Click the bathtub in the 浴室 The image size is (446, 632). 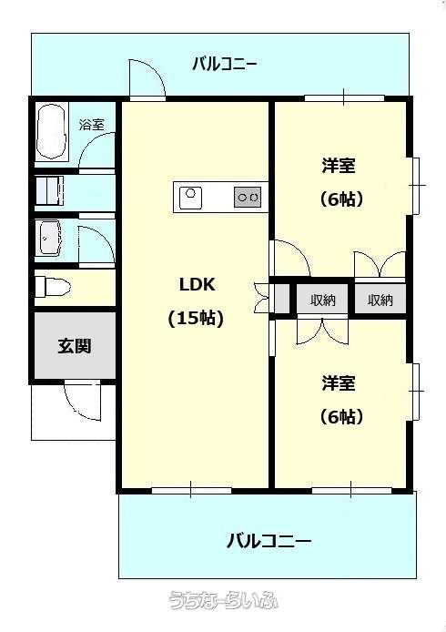point(51,131)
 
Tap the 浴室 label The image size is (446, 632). point(91,125)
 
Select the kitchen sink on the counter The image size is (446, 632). point(190,198)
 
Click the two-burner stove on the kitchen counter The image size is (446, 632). point(248,198)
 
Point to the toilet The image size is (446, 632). point(53,287)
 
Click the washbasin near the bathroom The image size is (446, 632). point(50,238)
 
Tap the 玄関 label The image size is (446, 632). point(74,346)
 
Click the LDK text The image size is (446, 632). point(197,284)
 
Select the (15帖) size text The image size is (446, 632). point(196,319)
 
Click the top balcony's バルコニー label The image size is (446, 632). point(225,64)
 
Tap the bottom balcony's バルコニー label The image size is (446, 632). point(269,541)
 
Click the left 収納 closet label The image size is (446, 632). point(323,300)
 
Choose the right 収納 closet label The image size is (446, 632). point(380,300)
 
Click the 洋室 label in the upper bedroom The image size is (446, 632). point(339,166)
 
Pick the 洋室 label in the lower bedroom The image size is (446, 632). point(339,383)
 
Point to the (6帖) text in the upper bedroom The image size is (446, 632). point(341,199)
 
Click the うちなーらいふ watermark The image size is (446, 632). point(223,600)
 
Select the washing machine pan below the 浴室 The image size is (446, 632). point(49,191)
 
